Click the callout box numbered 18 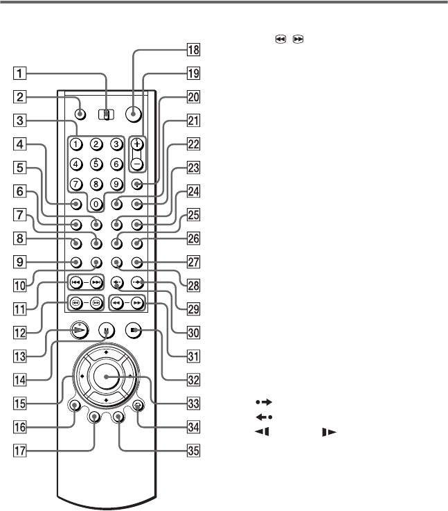click(193, 49)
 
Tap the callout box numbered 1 click(19, 73)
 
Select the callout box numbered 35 click(193, 451)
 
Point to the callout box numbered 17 click(19, 451)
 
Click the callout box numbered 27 click(193, 262)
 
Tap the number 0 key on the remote click(96, 205)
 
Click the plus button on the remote click(137, 144)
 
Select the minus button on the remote click(137, 164)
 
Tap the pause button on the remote click(107, 331)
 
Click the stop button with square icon click(134, 331)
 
